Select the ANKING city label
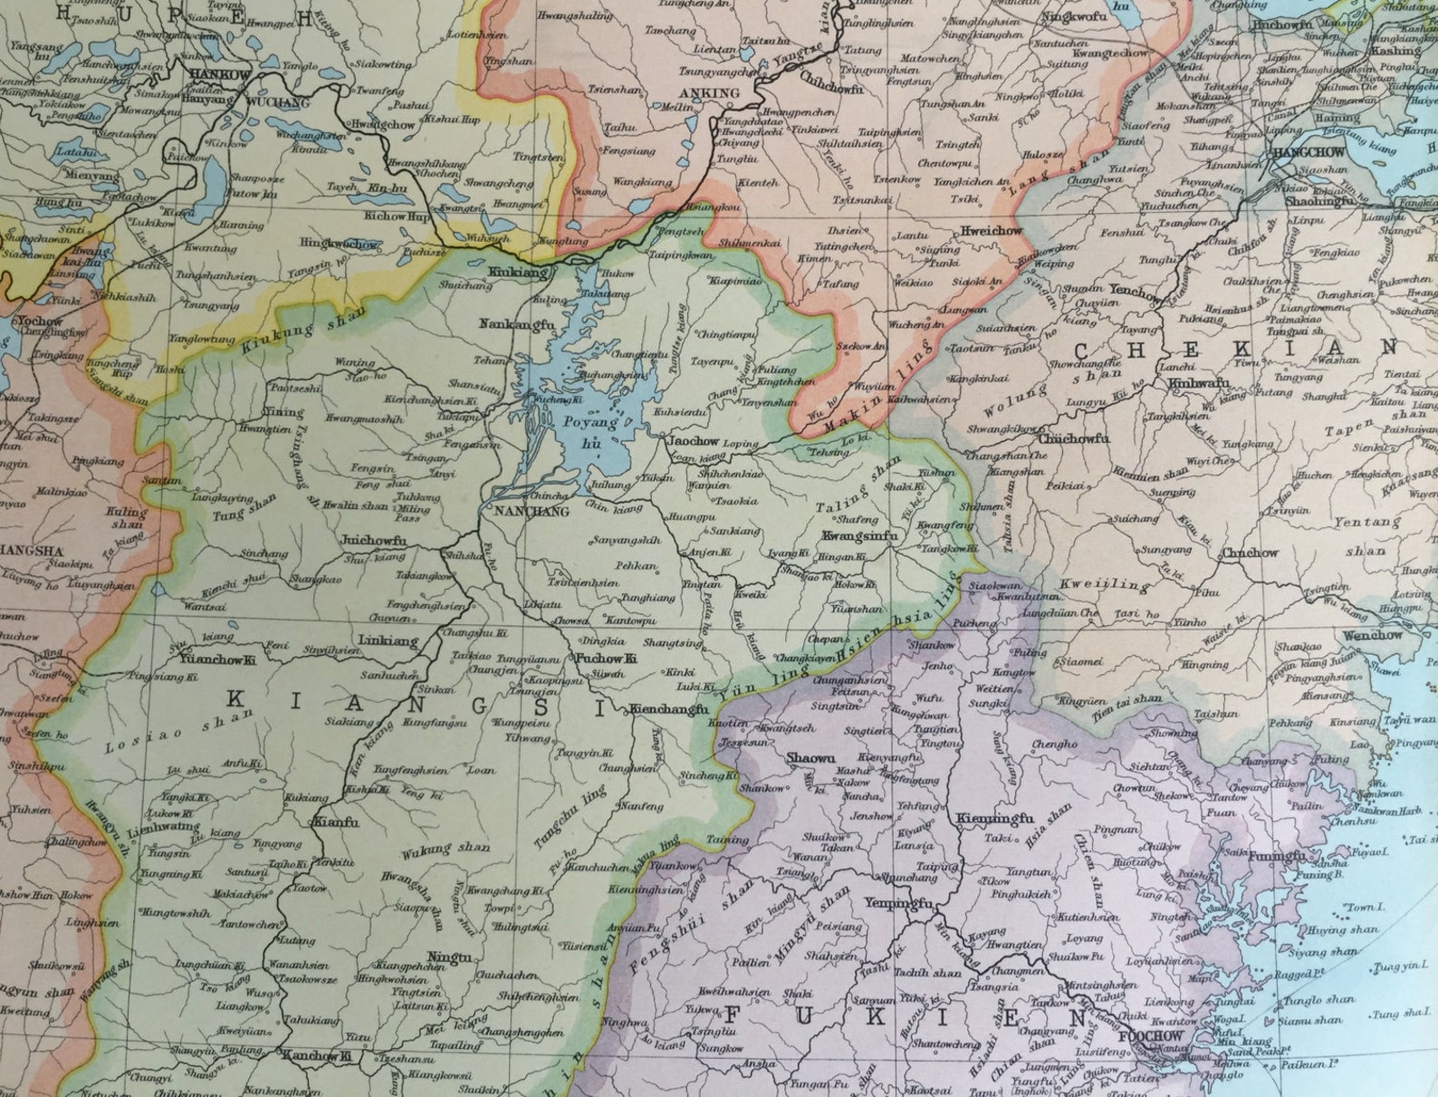coord(714,92)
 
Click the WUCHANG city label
coord(268,103)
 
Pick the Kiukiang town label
coord(519,271)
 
